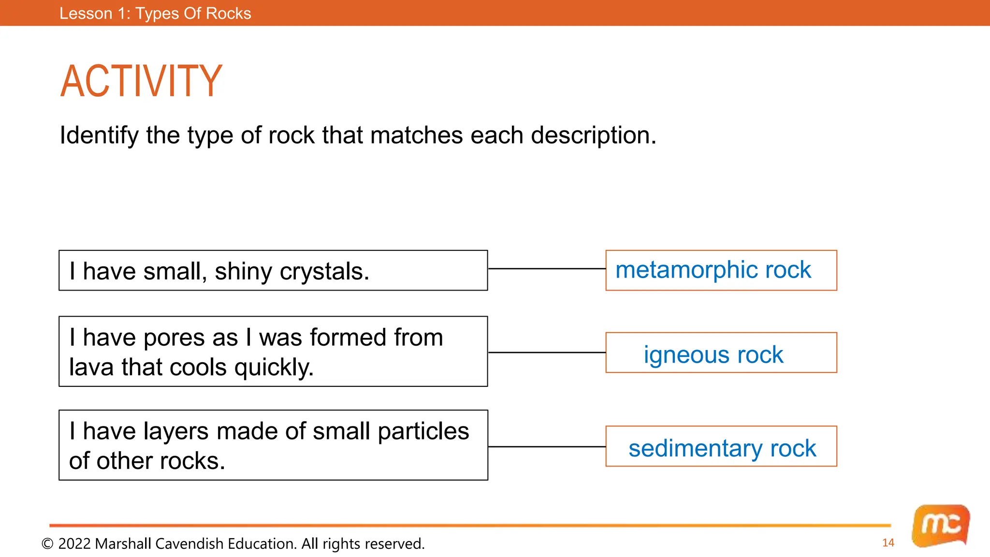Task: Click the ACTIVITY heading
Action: (141, 81)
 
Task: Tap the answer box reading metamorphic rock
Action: (721, 270)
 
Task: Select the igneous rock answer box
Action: (721, 352)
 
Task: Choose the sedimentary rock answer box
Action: (721, 446)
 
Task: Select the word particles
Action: (423, 431)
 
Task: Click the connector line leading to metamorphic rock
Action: (546, 268)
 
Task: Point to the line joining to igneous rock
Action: (546, 352)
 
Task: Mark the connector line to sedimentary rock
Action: (546, 447)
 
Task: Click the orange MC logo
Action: (940, 526)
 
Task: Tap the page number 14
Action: (888, 543)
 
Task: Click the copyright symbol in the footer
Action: (47, 544)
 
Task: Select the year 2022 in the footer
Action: (74, 544)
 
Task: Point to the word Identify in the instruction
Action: (99, 135)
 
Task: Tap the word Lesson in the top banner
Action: (86, 14)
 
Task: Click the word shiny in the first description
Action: (244, 272)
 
